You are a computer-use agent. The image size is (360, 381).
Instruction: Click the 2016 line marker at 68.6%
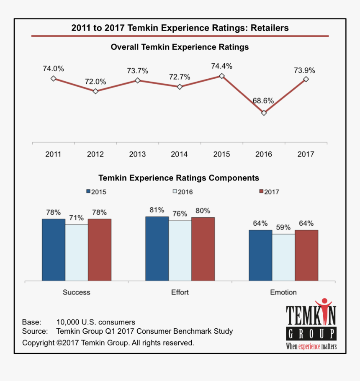(x=264, y=113)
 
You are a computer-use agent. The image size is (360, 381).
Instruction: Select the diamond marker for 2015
(x=222, y=76)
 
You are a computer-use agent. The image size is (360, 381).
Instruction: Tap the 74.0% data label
(x=53, y=69)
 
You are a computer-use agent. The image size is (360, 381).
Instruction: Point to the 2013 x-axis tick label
(x=137, y=154)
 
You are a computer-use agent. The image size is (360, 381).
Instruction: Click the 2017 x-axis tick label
(x=306, y=154)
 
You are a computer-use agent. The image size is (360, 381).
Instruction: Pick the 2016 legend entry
(x=183, y=192)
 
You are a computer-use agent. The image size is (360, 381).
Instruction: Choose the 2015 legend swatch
(x=88, y=191)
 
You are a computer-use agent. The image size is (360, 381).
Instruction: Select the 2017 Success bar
(x=100, y=250)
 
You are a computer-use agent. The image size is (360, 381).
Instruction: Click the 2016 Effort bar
(x=180, y=250)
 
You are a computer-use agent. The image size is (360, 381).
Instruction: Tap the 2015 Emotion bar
(x=260, y=255)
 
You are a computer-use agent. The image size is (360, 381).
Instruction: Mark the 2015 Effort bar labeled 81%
(x=157, y=248)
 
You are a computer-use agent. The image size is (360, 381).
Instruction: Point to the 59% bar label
(x=283, y=228)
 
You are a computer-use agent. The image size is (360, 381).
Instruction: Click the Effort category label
(x=180, y=292)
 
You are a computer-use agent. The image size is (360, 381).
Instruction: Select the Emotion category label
(x=283, y=292)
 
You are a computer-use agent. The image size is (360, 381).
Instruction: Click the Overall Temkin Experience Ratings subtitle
(x=180, y=47)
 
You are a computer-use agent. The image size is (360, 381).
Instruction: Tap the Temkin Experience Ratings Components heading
(x=179, y=178)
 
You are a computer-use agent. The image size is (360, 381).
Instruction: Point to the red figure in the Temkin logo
(x=323, y=308)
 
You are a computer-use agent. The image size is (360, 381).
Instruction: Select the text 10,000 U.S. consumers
(x=96, y=322)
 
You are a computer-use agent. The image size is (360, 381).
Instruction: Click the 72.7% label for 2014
(x=180, y=77)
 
